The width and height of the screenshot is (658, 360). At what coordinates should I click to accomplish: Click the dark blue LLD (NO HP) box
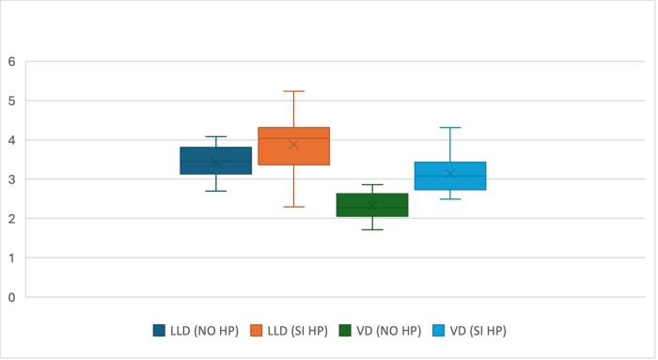point(215,161)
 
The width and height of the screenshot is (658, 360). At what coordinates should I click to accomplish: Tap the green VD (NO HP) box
point(371,205)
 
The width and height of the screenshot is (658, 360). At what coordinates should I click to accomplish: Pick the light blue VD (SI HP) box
point(449,176)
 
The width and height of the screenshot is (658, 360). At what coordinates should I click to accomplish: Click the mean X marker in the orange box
point(293,145)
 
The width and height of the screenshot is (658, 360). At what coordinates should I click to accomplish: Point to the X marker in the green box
point(371,206)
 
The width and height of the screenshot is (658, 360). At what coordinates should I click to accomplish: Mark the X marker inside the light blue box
point(449,174)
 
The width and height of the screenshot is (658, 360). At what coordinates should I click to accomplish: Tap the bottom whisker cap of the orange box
point(293,207)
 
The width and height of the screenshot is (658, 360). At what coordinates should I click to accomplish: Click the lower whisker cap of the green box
point(371,229)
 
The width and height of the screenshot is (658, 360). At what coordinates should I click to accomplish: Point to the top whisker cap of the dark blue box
point(215,136)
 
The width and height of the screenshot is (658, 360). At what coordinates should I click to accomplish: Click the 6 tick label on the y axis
point(11,62)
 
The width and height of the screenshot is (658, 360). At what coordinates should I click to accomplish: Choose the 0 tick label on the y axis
point(11,297)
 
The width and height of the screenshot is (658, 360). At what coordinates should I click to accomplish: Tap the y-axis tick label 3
point(11,180)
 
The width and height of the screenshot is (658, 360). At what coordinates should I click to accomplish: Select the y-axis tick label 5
point(11,101)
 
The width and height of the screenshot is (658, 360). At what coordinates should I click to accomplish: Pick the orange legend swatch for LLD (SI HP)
point(256,331)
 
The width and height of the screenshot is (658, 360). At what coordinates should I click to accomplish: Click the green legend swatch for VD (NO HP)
point(346,331)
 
